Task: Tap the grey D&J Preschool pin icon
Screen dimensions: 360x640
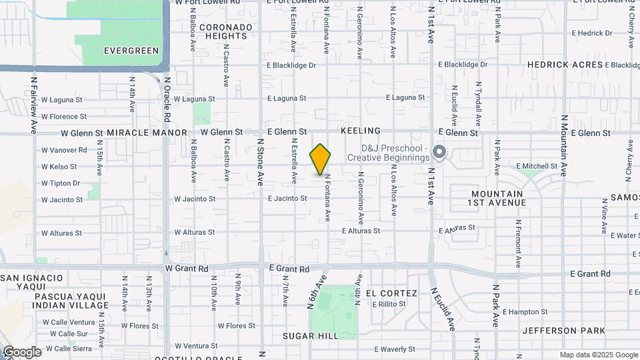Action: [x=439, y=153]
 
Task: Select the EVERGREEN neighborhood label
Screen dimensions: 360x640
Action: [x=131, y=51]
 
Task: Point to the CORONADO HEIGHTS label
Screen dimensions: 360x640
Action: [x=226, y=31]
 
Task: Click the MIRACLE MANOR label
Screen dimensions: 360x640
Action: [x=147, y=133]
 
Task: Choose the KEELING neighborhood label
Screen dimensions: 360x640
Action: [x=360, y=131]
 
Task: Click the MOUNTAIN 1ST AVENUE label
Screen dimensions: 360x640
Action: [x=496, y=197]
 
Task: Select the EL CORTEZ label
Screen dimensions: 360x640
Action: [x=391, y=293]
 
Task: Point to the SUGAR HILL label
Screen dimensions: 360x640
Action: [x=311, y=336]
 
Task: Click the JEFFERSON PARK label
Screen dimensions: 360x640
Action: [x=564, y=331]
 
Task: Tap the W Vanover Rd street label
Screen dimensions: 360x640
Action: [x=64, y=150]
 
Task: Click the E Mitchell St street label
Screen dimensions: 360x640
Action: [x=537, y=166]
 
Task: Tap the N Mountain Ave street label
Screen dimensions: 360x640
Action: [x=563, y=153]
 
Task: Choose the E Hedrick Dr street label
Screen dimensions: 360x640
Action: [x=592, y=33]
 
